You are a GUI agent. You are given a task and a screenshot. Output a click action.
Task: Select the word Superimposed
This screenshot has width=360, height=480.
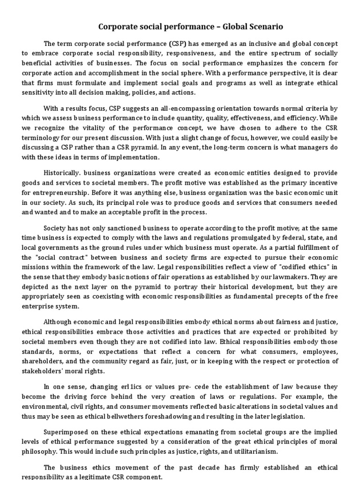pos(66,432)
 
